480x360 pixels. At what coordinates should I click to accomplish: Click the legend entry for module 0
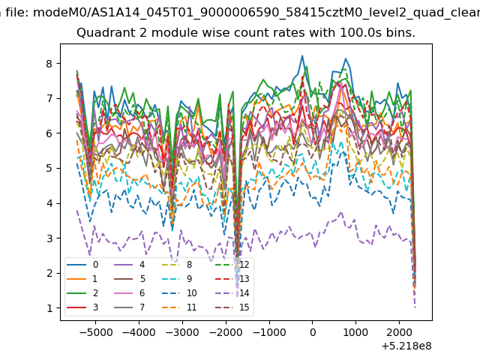point(82,265)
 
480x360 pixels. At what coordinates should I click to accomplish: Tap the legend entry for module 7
point(129,307)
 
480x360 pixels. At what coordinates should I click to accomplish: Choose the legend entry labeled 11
point(178,307)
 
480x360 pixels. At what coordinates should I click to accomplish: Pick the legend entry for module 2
point(82,293)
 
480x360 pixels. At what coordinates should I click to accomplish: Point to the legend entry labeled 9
point(177,278)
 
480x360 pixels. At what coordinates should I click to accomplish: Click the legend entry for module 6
point(129,293)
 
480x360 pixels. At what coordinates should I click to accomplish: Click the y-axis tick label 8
point(49,64)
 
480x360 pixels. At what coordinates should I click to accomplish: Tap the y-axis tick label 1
point(49,308)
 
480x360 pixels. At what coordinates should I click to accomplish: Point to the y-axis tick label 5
point(49,168)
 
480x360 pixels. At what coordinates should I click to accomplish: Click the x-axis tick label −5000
point(95,332)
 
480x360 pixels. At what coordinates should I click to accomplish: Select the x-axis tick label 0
point(313,332)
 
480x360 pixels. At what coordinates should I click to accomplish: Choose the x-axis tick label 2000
point(399,332)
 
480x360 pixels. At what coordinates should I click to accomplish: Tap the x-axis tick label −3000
point(182,332)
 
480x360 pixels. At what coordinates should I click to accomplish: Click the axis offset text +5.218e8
point(406,346)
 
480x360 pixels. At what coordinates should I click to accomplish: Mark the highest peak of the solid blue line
point(302,55)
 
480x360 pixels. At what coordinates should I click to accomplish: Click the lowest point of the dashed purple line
point(415,307)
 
